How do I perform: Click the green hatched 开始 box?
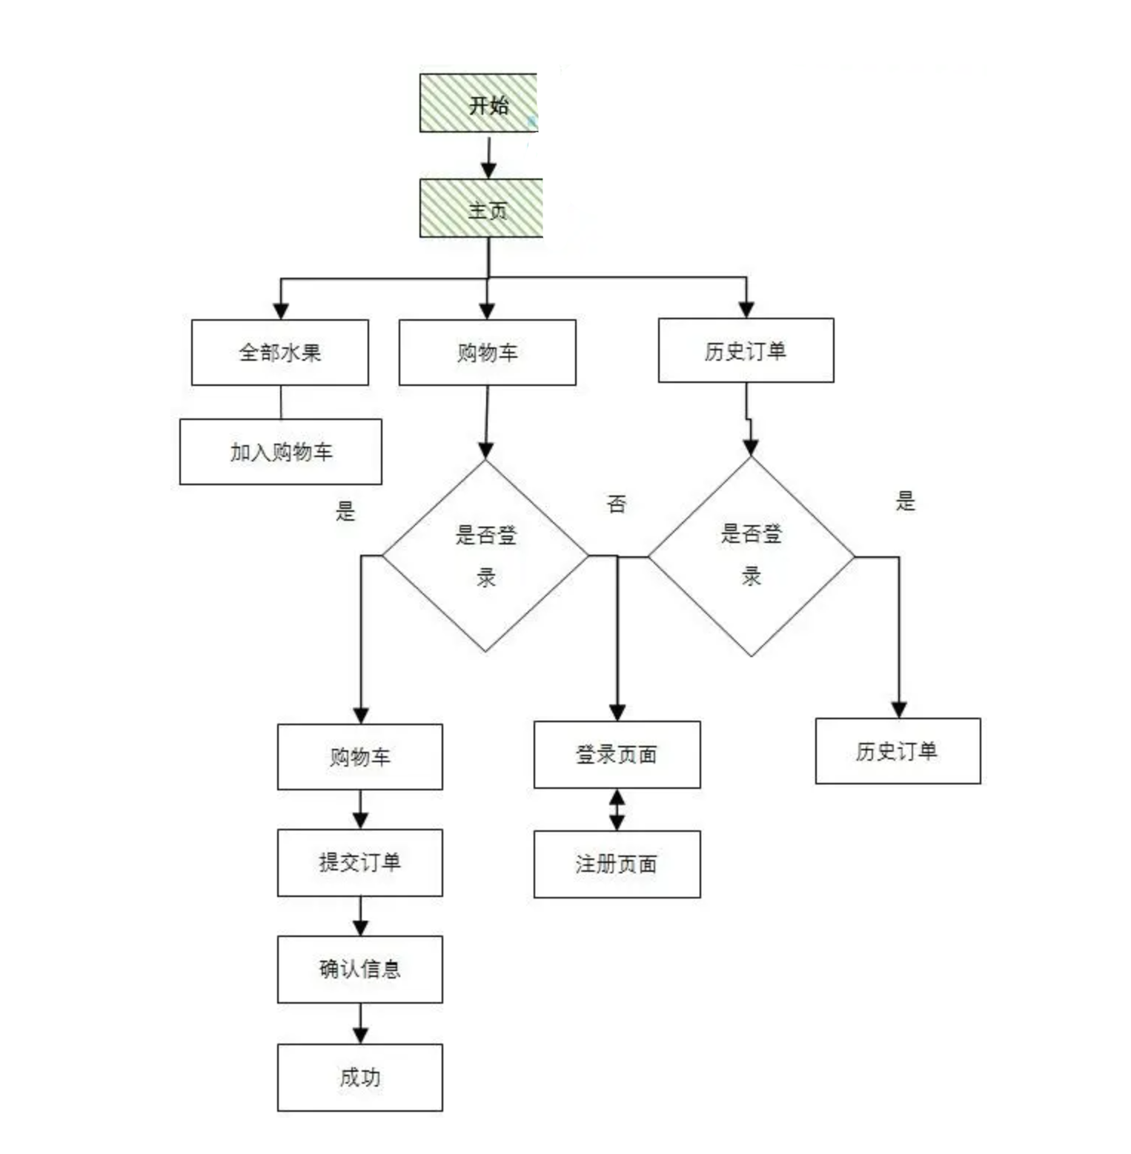pos(478,103)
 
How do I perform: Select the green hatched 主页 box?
pos(481,208)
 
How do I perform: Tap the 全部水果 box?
pos(280,353)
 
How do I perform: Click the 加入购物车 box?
pos(281,452)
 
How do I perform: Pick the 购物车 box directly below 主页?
pos(487,353)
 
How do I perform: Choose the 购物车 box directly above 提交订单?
pos(360,757)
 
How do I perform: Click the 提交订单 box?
pos(360,863)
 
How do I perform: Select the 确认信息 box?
pos(360,970)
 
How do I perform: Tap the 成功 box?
pos(360,1078)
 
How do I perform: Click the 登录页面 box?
pos(617,755)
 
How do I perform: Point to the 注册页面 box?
pos(617,864)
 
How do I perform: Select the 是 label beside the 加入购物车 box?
pos(345,511)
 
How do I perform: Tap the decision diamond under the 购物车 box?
pos(485,556)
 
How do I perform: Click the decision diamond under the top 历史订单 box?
pos(751,556)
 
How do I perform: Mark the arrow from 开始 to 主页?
pos(488,156)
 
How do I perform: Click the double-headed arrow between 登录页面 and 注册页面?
pos(617,810)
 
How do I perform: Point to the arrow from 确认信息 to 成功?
pos(360,1024)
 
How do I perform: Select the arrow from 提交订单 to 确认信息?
pos(360,917)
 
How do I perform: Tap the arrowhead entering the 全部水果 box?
pos(281,310)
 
